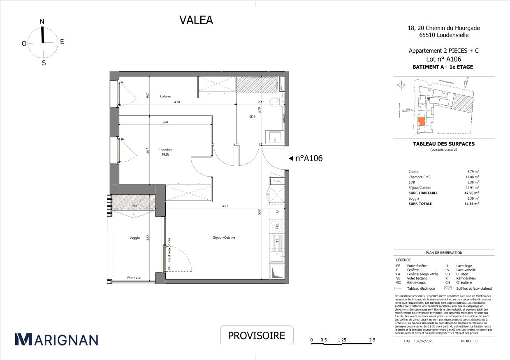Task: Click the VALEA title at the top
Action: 196,20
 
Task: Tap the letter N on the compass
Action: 42,22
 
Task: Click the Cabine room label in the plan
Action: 166,96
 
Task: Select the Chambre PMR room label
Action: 165,152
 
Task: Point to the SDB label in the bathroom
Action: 252,116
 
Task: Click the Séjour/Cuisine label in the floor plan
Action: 224,238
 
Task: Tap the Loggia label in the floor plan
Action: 134,238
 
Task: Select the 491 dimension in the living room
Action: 225,206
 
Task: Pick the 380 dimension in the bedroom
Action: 165,122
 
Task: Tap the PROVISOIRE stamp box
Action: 257,335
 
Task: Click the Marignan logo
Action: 56,339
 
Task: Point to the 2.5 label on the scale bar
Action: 372,340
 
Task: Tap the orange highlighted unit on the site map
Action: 421,122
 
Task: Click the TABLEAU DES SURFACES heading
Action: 443,144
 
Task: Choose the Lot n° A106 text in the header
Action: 443,59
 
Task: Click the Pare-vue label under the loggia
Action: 134,278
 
